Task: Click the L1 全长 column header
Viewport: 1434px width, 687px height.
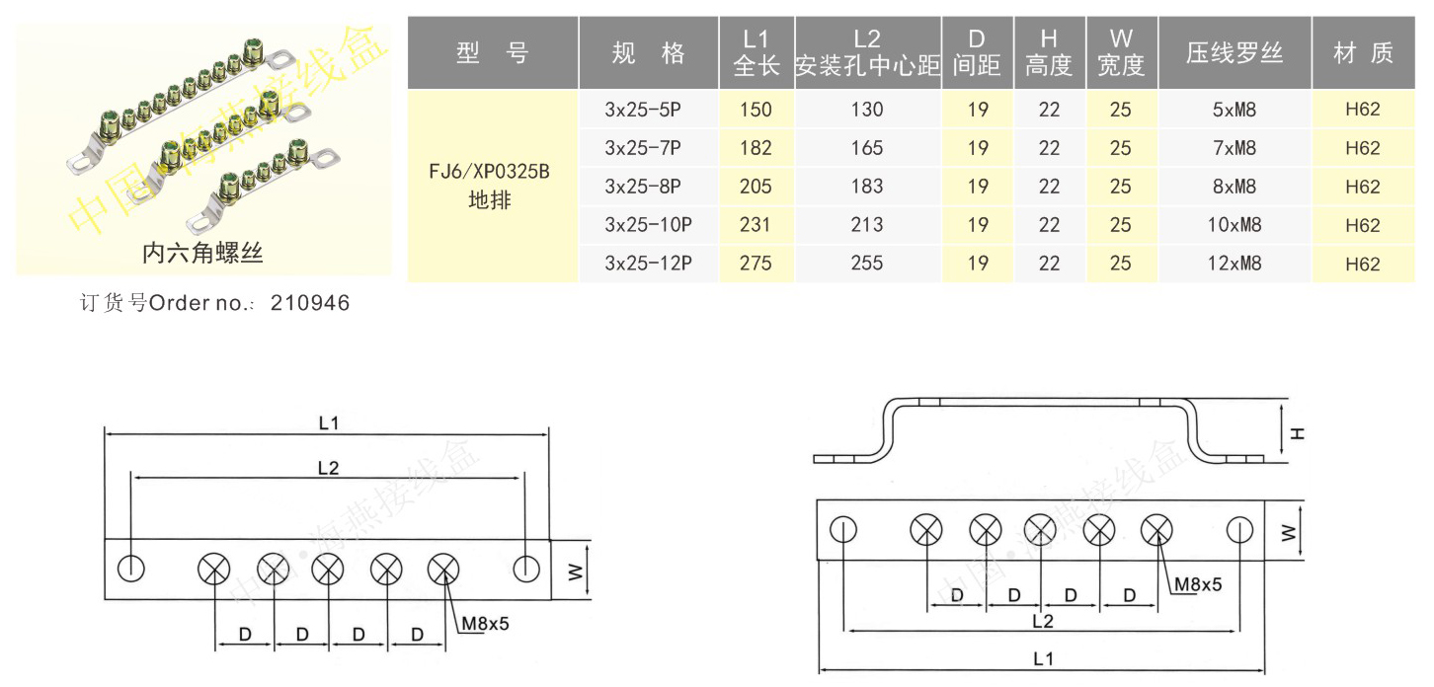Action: coord(756,52)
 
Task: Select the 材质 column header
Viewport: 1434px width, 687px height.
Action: coord(1363,53)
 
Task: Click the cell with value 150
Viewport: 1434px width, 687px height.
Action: coord(756,110)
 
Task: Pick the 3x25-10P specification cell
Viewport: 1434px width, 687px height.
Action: coord(648,225)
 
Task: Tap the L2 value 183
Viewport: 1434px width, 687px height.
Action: coord(866,187)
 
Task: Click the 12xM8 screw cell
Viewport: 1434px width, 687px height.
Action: coord(1234,264)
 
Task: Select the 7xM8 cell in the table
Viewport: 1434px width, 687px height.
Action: coord(1234,148)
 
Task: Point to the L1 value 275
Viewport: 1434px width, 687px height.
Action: coord(756,264)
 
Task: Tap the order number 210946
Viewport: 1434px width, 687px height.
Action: coord(309,303)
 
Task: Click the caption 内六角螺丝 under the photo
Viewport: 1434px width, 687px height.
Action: coord(202,254)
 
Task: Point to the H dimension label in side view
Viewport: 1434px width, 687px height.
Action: coord(1297,431)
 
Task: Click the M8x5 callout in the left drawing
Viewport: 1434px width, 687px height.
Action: coord(485,623)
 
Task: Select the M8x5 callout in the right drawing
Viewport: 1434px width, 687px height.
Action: coord(1197,584)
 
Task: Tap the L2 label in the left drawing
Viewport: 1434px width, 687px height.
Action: coord(328,469)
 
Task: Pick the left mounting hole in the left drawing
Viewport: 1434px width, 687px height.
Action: coord(131,569)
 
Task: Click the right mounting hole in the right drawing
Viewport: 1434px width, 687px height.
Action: coord(1239,530)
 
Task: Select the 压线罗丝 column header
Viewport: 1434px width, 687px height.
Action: coord(1234,53)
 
